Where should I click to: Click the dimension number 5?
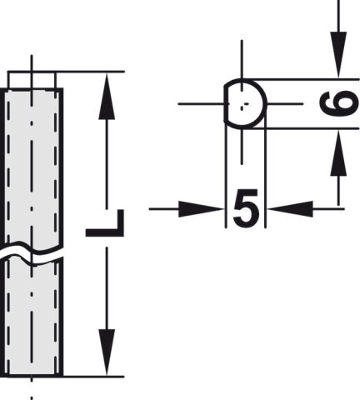click(x=246, y=208)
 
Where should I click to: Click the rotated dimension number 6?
click(x=339, y=103)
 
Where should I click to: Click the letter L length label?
click(x=105, y=223)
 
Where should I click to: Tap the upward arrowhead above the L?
click(x=107, y=96)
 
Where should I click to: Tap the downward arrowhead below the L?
click(x=107, y=352)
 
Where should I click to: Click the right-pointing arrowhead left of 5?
click(x=201, y=209)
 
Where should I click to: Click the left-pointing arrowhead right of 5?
click(x=291, y=209)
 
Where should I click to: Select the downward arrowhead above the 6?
click(x=338, y=55)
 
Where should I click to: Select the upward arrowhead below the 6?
click(x=338, y=152)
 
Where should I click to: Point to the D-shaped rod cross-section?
click(x=245, y=103)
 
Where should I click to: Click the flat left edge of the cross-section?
click(x=225, y=103)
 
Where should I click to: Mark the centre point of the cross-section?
click(x=244, y=105)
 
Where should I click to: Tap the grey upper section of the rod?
click(x=32, y=167)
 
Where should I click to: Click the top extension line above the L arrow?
click(x=66, y=72)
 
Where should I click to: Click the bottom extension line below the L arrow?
click(x=66, y=377)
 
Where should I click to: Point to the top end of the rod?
click(x=32, y=89)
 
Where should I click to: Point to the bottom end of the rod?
click(x=32, y=376)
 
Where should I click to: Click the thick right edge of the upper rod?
click(x=62, y=167)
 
